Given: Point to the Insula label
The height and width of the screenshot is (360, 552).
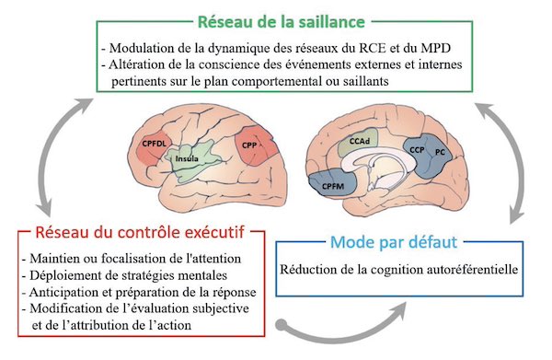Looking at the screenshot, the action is [190, 159].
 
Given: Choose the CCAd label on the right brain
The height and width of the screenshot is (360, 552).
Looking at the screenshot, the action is [361, 142].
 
